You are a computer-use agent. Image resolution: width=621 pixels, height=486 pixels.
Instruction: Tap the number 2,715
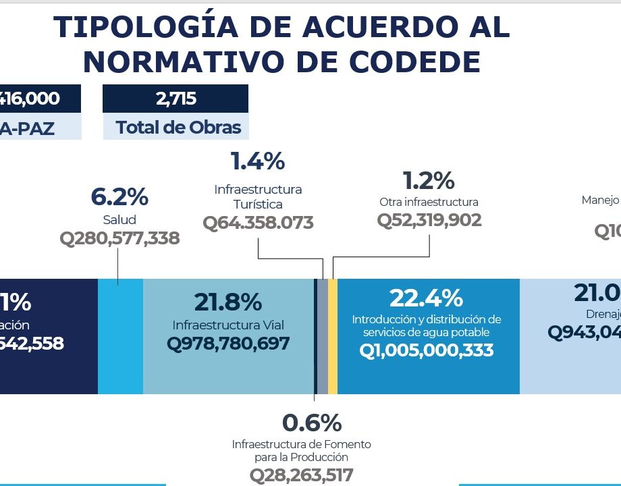click(x=175, y=99)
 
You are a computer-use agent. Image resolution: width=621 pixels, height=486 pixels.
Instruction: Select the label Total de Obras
click(x=178, y=127)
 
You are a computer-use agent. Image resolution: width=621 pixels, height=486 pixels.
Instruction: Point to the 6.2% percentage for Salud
click(x=119, y=197)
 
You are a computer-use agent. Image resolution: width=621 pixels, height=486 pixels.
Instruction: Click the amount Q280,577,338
click(x=119, y=238)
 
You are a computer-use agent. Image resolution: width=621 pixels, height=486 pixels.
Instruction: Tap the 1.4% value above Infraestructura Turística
click(x=258, y=161)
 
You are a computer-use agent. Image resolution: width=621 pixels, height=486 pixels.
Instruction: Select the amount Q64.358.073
click(x=258, y=223)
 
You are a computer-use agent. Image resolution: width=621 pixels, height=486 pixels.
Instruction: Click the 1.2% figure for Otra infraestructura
click(x=429, y=180)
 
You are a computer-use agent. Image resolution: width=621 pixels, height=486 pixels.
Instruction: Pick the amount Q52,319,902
click(x=429, y=220)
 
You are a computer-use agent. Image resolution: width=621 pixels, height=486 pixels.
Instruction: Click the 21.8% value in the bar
click(x=228, y=302)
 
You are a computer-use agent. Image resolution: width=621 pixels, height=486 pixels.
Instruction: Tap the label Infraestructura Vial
click(x=228, y=325)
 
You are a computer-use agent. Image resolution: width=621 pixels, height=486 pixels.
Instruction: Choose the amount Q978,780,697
click(x=228, y=344)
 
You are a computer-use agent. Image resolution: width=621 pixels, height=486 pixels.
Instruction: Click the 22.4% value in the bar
click(x=426, y=298)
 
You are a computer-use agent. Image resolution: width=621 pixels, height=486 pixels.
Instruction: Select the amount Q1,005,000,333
click(x=426, y=350)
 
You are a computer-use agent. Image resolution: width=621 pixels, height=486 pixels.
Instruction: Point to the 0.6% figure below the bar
click(x=312, y=423)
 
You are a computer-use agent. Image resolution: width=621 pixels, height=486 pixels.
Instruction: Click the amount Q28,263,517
click(x=302, y=475)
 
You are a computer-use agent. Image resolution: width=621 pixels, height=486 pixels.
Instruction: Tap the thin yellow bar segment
click(x=333, y=336)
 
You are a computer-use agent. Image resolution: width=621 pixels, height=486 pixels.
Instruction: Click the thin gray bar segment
click(x=323, y=336)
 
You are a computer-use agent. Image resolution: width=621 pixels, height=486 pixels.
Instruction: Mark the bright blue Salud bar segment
click(x=120, y=336)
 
